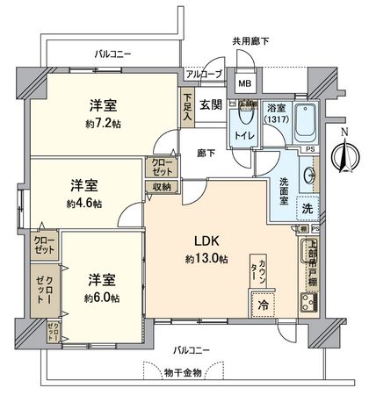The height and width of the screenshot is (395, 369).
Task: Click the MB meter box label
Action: click(245, 84)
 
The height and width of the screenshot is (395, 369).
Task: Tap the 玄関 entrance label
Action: click(209, 105)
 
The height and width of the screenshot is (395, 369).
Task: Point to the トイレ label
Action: click(243, 136)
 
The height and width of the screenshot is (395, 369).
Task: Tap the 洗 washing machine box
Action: click(307, 209)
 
